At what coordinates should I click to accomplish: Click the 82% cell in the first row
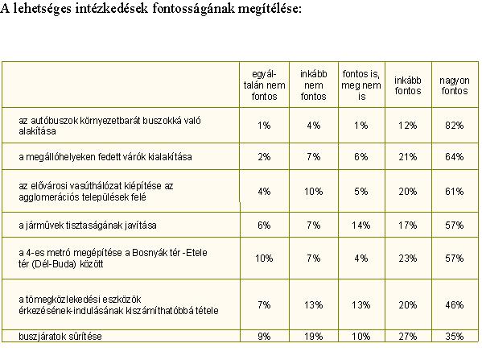[454, 126]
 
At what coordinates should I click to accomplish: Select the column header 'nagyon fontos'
[455, 85]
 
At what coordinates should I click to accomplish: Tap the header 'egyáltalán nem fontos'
[265, 85]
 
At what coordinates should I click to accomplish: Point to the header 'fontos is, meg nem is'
[361, 85]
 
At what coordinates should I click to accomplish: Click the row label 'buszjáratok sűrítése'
[60, 337]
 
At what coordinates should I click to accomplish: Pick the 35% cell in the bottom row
[454, 337]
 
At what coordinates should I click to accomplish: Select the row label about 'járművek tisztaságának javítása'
[88, 226]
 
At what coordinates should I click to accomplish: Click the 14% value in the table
[360, 226]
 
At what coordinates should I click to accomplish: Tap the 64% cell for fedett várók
[454, 157]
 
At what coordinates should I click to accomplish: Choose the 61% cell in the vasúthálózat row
[454, 192]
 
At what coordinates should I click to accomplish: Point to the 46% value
[454, 305]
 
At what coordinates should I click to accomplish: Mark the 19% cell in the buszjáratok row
[314, 337]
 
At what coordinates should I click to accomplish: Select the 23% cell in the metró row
[408, 259]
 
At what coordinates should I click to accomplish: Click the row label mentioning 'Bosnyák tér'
[113, 259]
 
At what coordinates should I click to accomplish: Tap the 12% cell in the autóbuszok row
[408, 126]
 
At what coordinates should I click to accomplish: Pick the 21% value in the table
[408, 157]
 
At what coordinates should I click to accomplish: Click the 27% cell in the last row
[408, 337]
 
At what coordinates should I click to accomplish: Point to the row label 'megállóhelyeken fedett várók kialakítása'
[105, 157]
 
